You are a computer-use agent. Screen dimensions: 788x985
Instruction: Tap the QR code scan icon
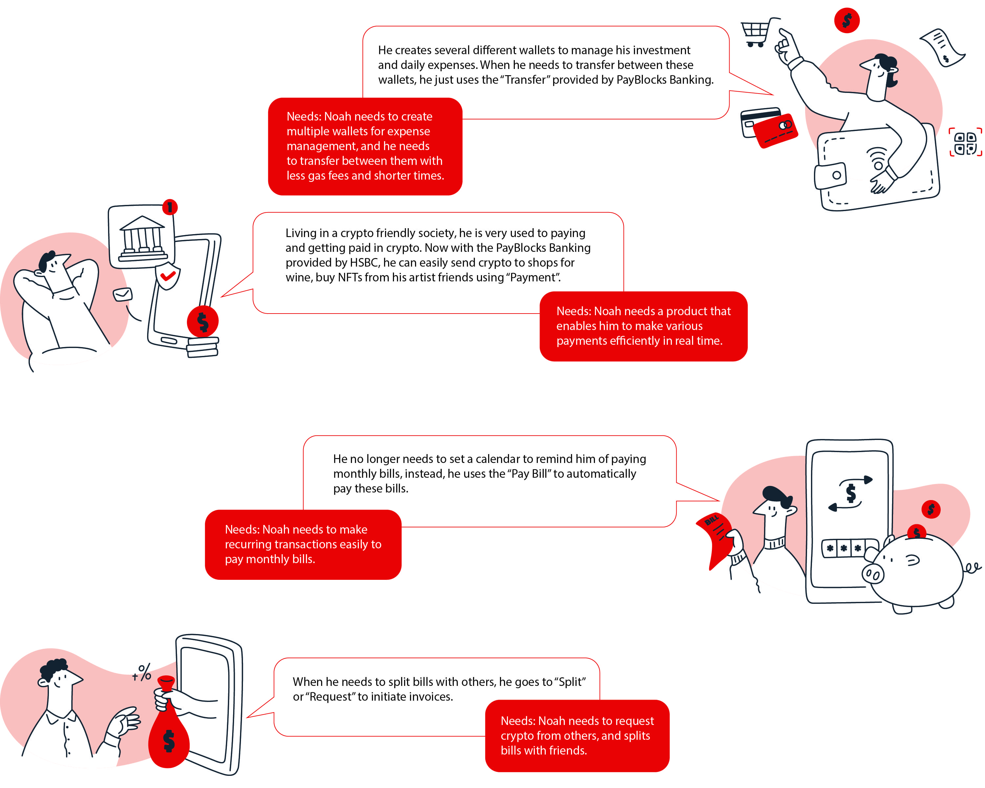(x=965, y=142)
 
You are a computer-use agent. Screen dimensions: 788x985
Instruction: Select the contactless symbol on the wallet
(x=877, y=158)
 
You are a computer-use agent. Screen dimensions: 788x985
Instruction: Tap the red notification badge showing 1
(x=170, y=208)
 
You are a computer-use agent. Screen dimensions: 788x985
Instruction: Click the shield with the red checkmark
(x=167, y=276)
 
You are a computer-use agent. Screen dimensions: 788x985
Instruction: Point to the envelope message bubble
(x=123, y=295)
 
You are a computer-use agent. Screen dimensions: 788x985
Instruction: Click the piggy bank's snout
(x=873, y=574)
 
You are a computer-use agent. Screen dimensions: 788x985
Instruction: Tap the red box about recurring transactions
(x=303, y=544)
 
